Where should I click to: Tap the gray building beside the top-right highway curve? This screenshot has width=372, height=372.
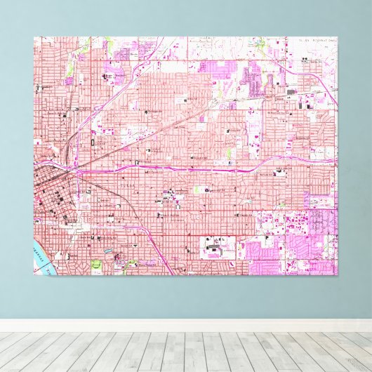click(x=291, y=92)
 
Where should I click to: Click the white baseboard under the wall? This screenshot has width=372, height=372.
click(x=186, y=325)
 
